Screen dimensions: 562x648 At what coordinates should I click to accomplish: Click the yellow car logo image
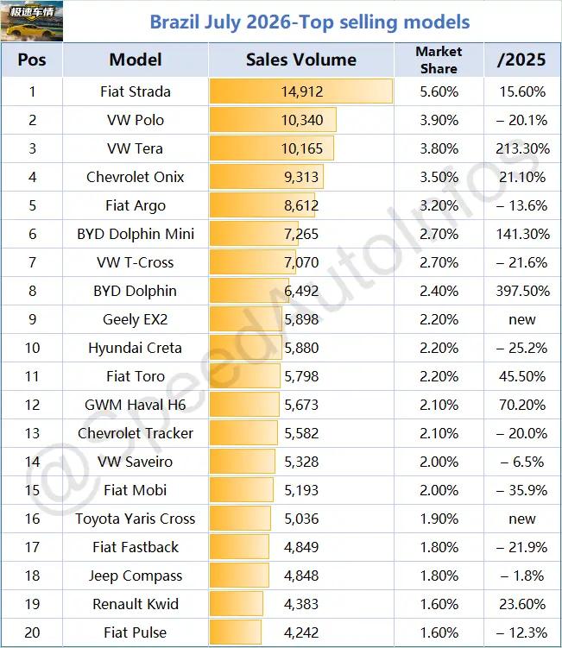click(x=32, y=21)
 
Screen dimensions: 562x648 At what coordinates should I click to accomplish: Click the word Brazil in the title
click(x=174, y=22)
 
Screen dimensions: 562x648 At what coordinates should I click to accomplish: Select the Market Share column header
click(x=439, y=60)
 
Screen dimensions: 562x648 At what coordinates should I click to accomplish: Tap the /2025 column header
click(x=522, y=60)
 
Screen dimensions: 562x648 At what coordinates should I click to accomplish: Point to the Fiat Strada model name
click(x=136, y=91)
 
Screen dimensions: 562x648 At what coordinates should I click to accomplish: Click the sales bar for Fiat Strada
click(x=301, y=91)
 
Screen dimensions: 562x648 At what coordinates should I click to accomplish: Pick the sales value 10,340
click(x=302, y=120)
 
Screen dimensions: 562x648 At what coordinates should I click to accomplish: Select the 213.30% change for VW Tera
click(x=522, y=148)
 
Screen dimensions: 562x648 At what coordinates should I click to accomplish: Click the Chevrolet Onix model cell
click(x=136, y=177)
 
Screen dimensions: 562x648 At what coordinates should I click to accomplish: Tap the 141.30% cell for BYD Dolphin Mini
click(x=522, y=234)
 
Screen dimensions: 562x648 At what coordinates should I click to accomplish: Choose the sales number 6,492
click(x=301, y=291)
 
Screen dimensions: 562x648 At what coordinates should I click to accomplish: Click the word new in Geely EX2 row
click(x=522, y=319)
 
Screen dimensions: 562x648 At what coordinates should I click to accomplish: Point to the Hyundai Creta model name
click(x=136, y=348)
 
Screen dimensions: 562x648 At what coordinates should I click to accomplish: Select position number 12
click(x=32, y=405)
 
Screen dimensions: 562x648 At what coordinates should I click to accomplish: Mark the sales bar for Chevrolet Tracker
click(x=243, y=433)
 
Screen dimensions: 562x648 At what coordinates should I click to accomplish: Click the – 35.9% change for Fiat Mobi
click(x=522, y=490)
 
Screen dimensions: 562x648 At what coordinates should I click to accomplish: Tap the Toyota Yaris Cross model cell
click(x=136, y=519)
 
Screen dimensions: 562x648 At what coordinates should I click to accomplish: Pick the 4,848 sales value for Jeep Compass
click(x=301, y=576)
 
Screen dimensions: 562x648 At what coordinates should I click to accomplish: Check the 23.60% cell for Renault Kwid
click(x=522, y=604)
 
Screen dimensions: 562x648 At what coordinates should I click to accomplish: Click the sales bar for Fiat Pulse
click(x=236, y=632)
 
